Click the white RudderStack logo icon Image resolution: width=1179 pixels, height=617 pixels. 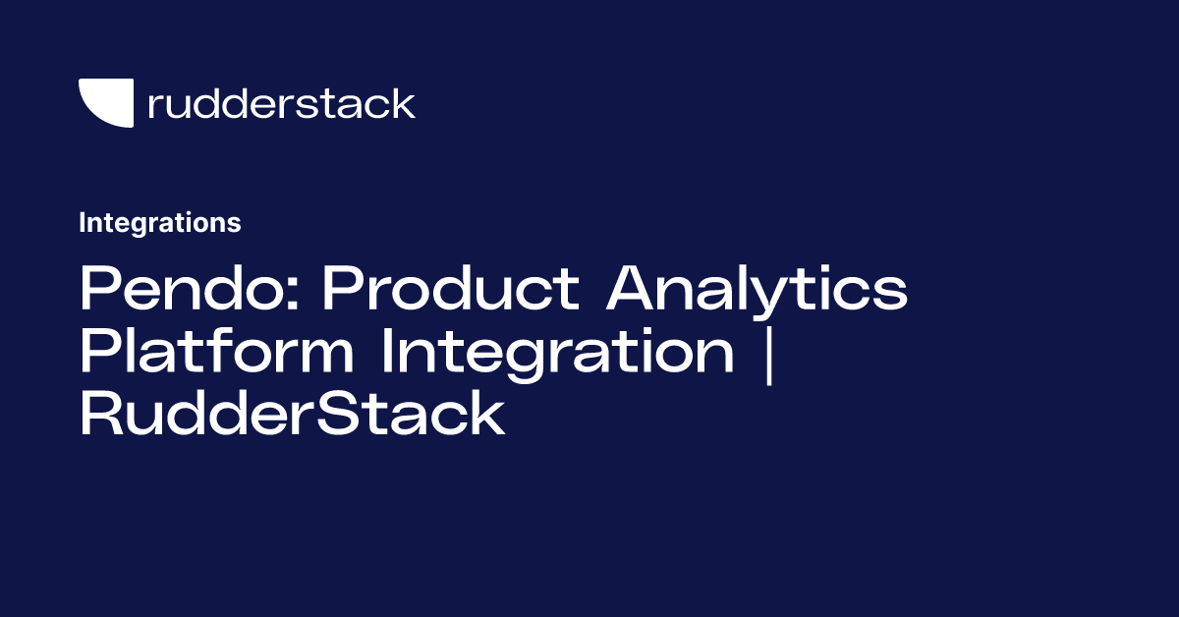pos(105,103)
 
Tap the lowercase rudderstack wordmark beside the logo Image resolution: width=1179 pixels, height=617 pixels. pos(281,103)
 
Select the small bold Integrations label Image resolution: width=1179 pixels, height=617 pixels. pos(160,223)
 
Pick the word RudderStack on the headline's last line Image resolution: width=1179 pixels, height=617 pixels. pos(292,416)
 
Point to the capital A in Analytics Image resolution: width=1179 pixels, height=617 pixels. pos(631,290)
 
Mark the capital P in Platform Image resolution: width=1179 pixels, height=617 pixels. pos(98,353)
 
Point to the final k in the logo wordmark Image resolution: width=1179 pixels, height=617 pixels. pos(402,103)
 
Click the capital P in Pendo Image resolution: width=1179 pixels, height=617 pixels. pos(98,290)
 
